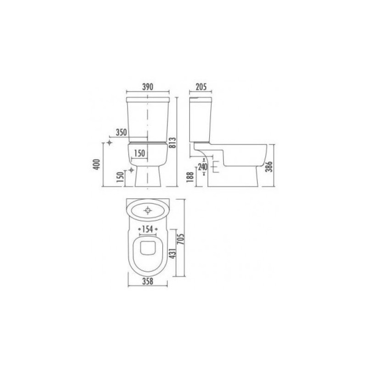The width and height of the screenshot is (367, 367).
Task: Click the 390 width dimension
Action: (148, 87)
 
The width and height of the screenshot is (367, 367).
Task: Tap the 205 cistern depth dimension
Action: (201, 87)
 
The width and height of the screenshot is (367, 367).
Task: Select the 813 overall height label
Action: (172, 143)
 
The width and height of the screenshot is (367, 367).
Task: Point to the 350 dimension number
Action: (121, 132)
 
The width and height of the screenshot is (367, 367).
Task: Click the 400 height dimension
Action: (97, 164)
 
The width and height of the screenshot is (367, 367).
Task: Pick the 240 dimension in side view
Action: (203, 167)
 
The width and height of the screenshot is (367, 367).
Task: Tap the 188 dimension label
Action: (190, 177)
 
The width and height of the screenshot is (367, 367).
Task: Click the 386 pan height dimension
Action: (270, 167)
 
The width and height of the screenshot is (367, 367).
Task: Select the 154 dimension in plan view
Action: (148, 229)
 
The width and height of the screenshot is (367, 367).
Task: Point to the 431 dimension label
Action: (172, 254)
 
